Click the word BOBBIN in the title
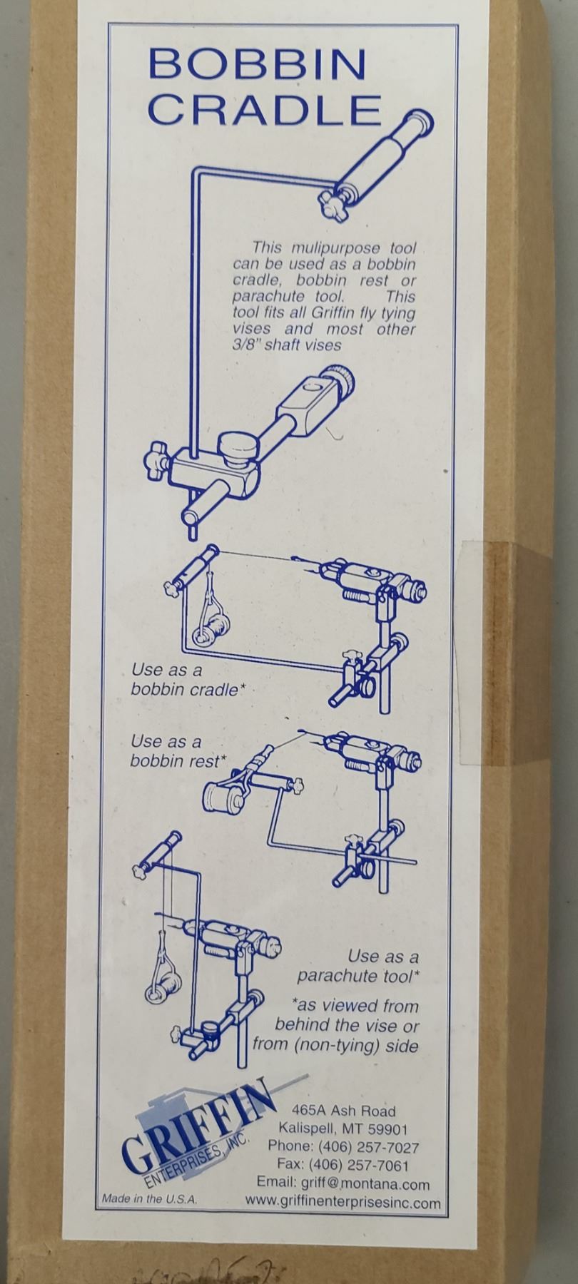click(258, 66)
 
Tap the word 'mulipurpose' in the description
click(338, 248)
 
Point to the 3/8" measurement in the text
click(246, 345)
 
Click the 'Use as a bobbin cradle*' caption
click(184, 680)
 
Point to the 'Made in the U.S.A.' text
click(149, 1199)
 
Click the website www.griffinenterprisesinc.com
click(343, 1203)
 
